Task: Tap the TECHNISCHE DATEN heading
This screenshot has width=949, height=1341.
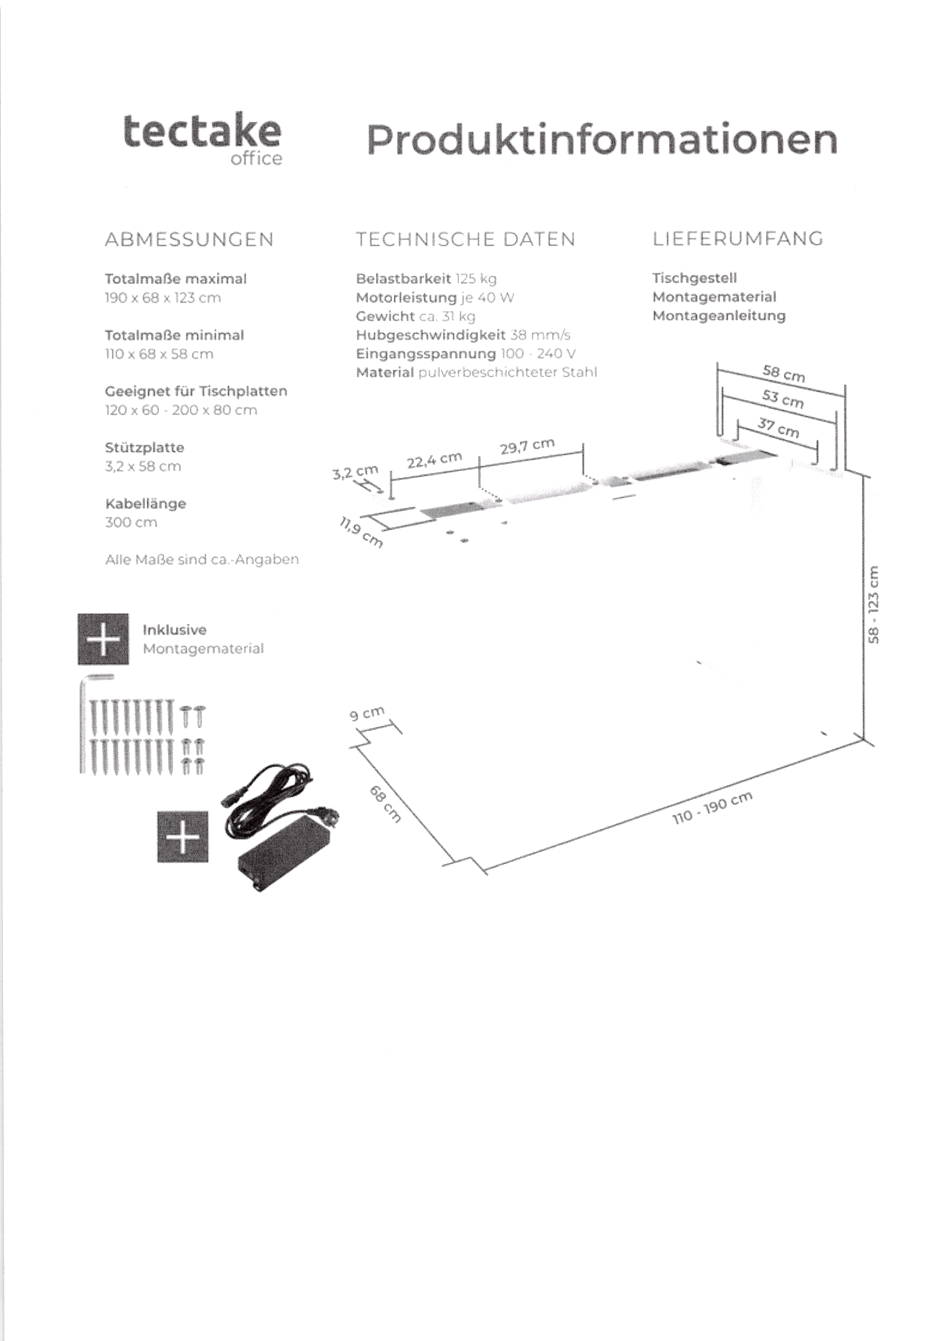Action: coord(466,240)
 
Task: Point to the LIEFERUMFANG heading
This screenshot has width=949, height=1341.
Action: coord(738,238)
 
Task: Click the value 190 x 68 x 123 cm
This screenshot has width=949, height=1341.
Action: coord(163,298)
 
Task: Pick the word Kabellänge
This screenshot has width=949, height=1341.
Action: coord(146,504)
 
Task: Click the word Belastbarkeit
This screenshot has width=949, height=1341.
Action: coord(403,279)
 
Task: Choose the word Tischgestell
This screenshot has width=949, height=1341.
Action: coord(694,278)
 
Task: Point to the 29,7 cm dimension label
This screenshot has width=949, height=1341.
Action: coord(527,447)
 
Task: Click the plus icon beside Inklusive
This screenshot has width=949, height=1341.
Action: coord(104,639)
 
